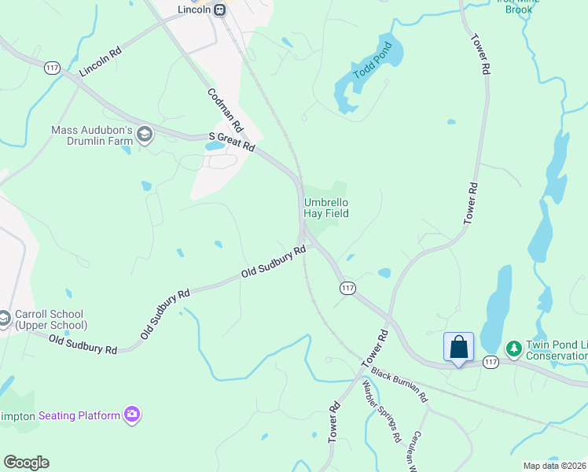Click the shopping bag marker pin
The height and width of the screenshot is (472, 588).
coord(458,347)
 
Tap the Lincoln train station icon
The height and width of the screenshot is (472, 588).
coord(220,9)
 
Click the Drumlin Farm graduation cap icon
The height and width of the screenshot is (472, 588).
coord(144,135)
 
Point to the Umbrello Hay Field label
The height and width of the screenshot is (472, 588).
coord(326,208)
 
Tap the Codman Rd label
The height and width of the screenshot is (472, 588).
coord(226,109)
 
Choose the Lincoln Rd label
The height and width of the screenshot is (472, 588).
coord(100,62)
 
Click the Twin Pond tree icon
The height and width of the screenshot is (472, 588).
coord(513,347)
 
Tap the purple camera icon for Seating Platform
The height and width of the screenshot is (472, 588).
coord(131,415)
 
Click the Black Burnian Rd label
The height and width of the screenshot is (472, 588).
coord(399,382)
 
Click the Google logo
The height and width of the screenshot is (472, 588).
coord(26,463)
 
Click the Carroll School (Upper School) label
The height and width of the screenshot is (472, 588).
coord(50,319)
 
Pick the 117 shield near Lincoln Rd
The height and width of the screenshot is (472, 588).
coord(53,68)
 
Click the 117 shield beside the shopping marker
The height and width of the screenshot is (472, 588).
coord(491,362)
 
